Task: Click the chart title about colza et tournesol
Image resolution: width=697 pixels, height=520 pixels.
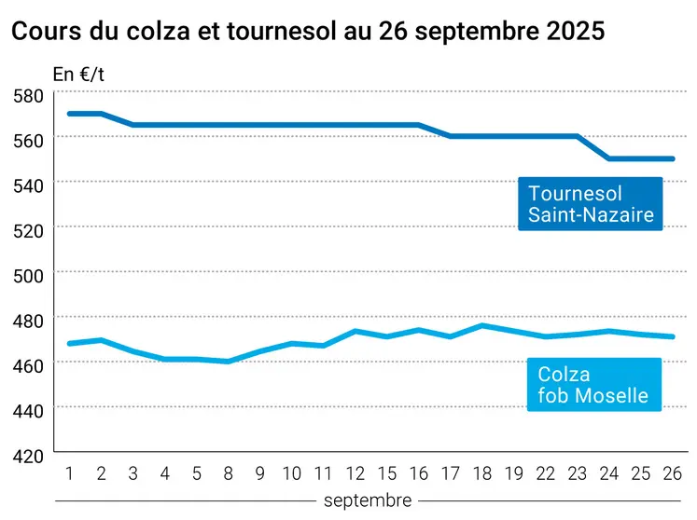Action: (x=308, y=31)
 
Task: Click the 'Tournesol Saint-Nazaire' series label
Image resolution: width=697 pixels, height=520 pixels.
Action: (x=590, y=205)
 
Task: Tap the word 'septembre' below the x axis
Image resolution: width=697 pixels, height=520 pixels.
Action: (x=368, y=500)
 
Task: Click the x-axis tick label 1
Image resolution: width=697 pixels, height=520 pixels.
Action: (x=69, y=473)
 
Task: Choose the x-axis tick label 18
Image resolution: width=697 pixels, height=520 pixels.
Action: (x=482, y=473)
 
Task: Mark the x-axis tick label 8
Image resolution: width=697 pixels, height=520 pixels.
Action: (x=227, y=473)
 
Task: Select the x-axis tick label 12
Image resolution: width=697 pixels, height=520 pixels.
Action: (x=355, y=473)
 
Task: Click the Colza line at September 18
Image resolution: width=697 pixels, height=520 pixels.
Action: (x=482, y=325)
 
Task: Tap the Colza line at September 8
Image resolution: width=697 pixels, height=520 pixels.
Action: (x=227, y=362)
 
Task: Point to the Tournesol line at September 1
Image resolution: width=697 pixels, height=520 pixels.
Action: (x=69, y=114)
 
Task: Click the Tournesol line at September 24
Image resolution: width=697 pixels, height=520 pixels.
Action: (x=609, y=158)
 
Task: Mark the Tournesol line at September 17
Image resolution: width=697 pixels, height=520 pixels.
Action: (x=451, y=136)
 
